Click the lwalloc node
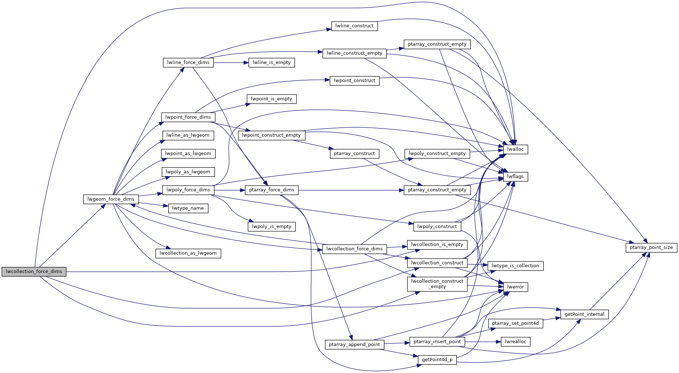point(515,149)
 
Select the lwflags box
point(515,177)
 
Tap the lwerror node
point(515,287)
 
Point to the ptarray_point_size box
point(651,247)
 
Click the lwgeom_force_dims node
point(111,199)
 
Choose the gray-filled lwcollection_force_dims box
point(34,272)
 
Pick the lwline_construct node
point(354,26)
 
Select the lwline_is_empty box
point(271,63)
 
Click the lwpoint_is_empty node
point(271,99)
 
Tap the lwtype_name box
point(188,208)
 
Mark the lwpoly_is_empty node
point(271,227)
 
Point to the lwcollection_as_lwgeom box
point(188,253)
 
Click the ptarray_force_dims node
point(271,190)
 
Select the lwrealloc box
point(515,342)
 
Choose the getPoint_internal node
point(584,314)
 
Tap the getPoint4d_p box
point(437,360)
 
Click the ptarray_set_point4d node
point(515,323)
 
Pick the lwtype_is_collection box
point(515,266)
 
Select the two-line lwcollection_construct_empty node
point(437,284)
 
